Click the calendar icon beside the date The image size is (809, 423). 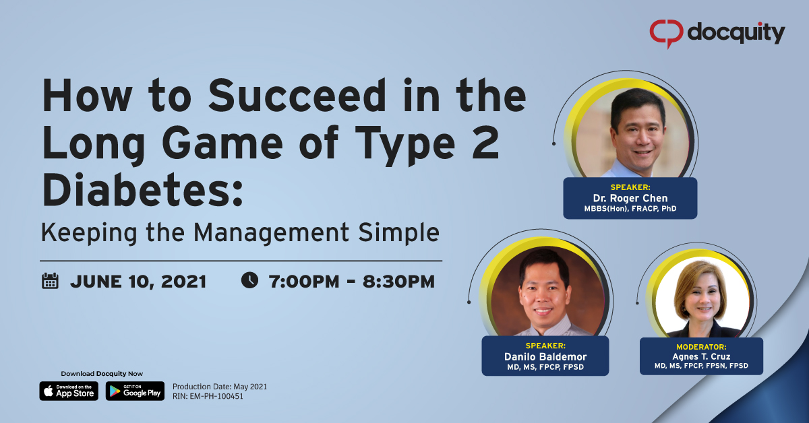(51, 281)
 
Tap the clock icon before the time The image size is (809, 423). (249, 280)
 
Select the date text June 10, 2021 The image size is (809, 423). (138, 282)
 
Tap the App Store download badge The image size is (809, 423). (69, 391)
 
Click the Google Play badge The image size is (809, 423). (135, 391)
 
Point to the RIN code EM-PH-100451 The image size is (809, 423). (208, 397)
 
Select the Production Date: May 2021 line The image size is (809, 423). (220, 387)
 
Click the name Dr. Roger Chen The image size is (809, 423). (629, 198)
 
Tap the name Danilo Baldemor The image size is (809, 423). (545, 357)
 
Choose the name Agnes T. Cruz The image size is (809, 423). (701, 356)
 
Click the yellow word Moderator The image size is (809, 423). (701, 346)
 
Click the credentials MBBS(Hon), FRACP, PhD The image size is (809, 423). (630, 209)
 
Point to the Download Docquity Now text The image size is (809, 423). (102, 374)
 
